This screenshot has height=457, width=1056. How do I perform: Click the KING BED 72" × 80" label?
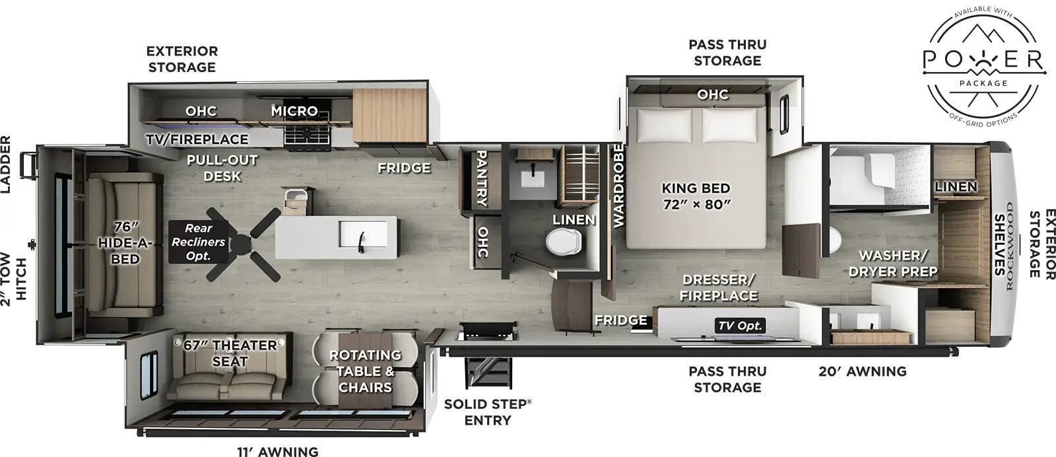pyautogui.click(x=696, y=196)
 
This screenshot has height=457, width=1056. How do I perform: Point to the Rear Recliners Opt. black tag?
pyautogui.click(x=198, y=242)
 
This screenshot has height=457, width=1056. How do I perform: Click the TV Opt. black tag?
pyautogui.click(x=740, y=325)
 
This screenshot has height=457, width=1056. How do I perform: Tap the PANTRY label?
pyautogui.click(x=482, y=178)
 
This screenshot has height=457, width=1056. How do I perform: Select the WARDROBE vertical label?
pyautogui.click(x=618, y=186)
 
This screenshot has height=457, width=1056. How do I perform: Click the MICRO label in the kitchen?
pyautogui.click(x=294, y=111)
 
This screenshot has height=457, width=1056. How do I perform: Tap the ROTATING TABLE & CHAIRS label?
pyautogui.click(x=365, y=371)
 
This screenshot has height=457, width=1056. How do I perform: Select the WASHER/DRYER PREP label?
pyautogui.click(x=893, y=263)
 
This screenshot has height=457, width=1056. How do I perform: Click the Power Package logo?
pyautogui.click(x=983, y=63)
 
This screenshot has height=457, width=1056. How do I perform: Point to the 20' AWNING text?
pyautogui.click(x=862, y=371)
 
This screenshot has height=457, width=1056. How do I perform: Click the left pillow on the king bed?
pyautogui.click(x=663, y=123)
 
